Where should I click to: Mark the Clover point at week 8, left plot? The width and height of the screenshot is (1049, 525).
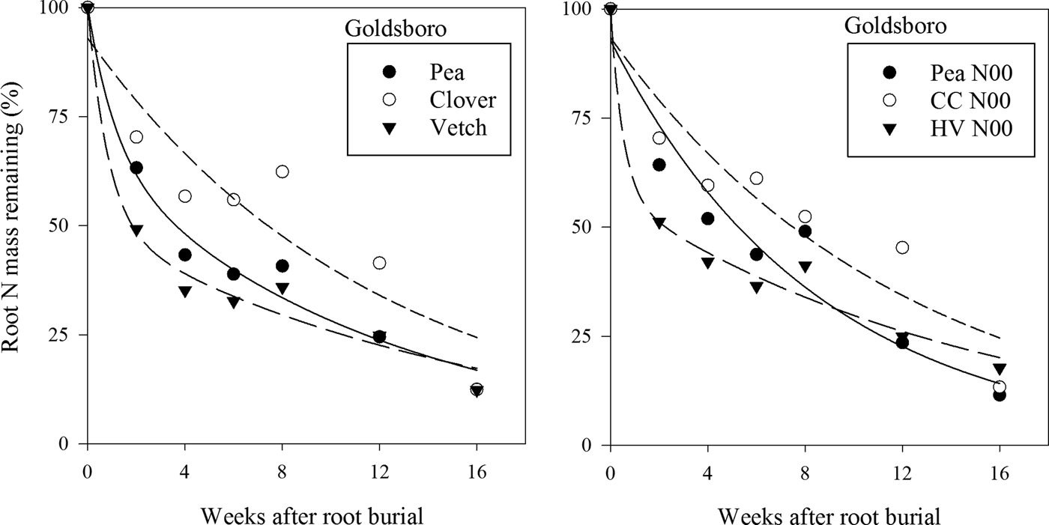tap(282, 172)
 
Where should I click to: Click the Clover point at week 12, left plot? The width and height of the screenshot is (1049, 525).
tap(380, 263)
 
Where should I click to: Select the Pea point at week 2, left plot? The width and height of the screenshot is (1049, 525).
tap(136, 168)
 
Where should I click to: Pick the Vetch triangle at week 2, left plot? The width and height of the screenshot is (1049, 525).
tap(136, 230)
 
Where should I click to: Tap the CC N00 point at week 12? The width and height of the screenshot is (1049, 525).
tap(902, 247)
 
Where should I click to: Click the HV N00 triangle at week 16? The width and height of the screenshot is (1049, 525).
tap(1000, 368)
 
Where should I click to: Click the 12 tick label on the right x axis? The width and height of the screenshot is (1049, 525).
tap(902, 473)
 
